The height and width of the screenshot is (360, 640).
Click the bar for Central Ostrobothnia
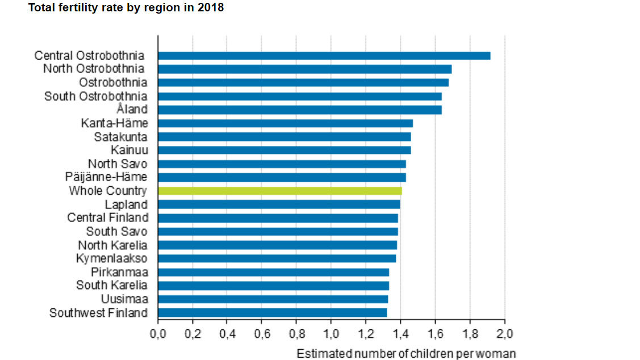(x=324, y=56)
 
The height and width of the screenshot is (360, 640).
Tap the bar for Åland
(x=299, y=110)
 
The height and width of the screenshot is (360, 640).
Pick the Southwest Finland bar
(x=273, y=312)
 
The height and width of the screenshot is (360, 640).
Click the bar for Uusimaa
(x=273, y=299)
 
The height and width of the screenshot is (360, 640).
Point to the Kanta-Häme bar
(x=285, y=123)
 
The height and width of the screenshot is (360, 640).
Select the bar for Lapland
(x=279, y=204)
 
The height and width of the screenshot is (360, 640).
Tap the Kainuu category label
(x=129, y=150)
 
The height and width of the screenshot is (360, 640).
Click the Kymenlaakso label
(x=112, y=258)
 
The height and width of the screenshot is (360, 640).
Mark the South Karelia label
(x=111, y=285)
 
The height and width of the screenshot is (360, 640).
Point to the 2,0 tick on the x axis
(x=505, y=333)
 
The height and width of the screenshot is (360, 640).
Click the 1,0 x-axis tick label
(x=331, y=333)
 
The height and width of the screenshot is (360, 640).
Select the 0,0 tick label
(x=158, y=333)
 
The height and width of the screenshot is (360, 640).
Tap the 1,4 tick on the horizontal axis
(x=400, y=333)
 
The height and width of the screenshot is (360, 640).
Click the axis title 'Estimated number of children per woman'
(x=406, y=354)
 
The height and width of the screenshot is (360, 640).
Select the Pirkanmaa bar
(x=273, y=272)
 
